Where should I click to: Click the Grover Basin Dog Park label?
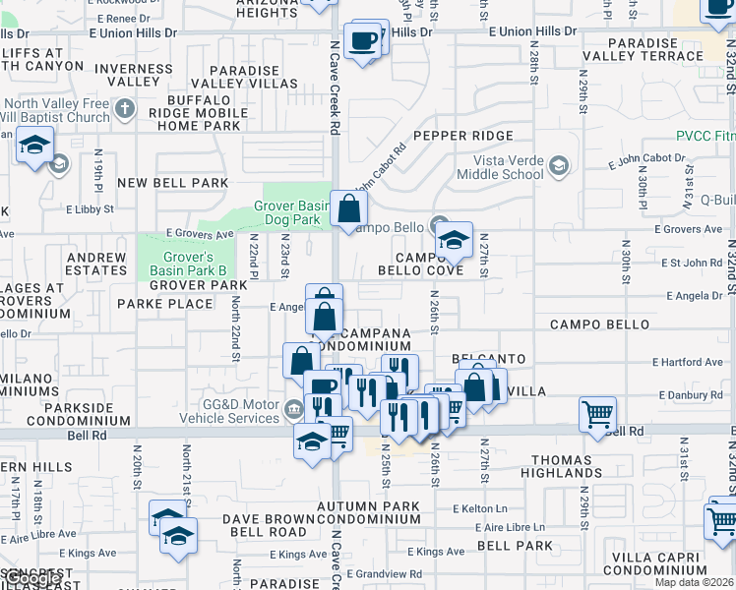point(287,212)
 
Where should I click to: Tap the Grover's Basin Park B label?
point(188,263)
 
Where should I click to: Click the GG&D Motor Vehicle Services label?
point(225,411)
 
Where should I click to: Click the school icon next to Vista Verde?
point(560,164)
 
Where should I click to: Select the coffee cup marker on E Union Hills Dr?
point(363,40)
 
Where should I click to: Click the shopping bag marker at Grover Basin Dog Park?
point(349,208)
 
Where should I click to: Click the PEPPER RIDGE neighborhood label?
point(463,136)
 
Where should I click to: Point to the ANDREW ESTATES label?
point(96,264)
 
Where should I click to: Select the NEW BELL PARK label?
point(173,183)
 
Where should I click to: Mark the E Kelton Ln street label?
point(479,508)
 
